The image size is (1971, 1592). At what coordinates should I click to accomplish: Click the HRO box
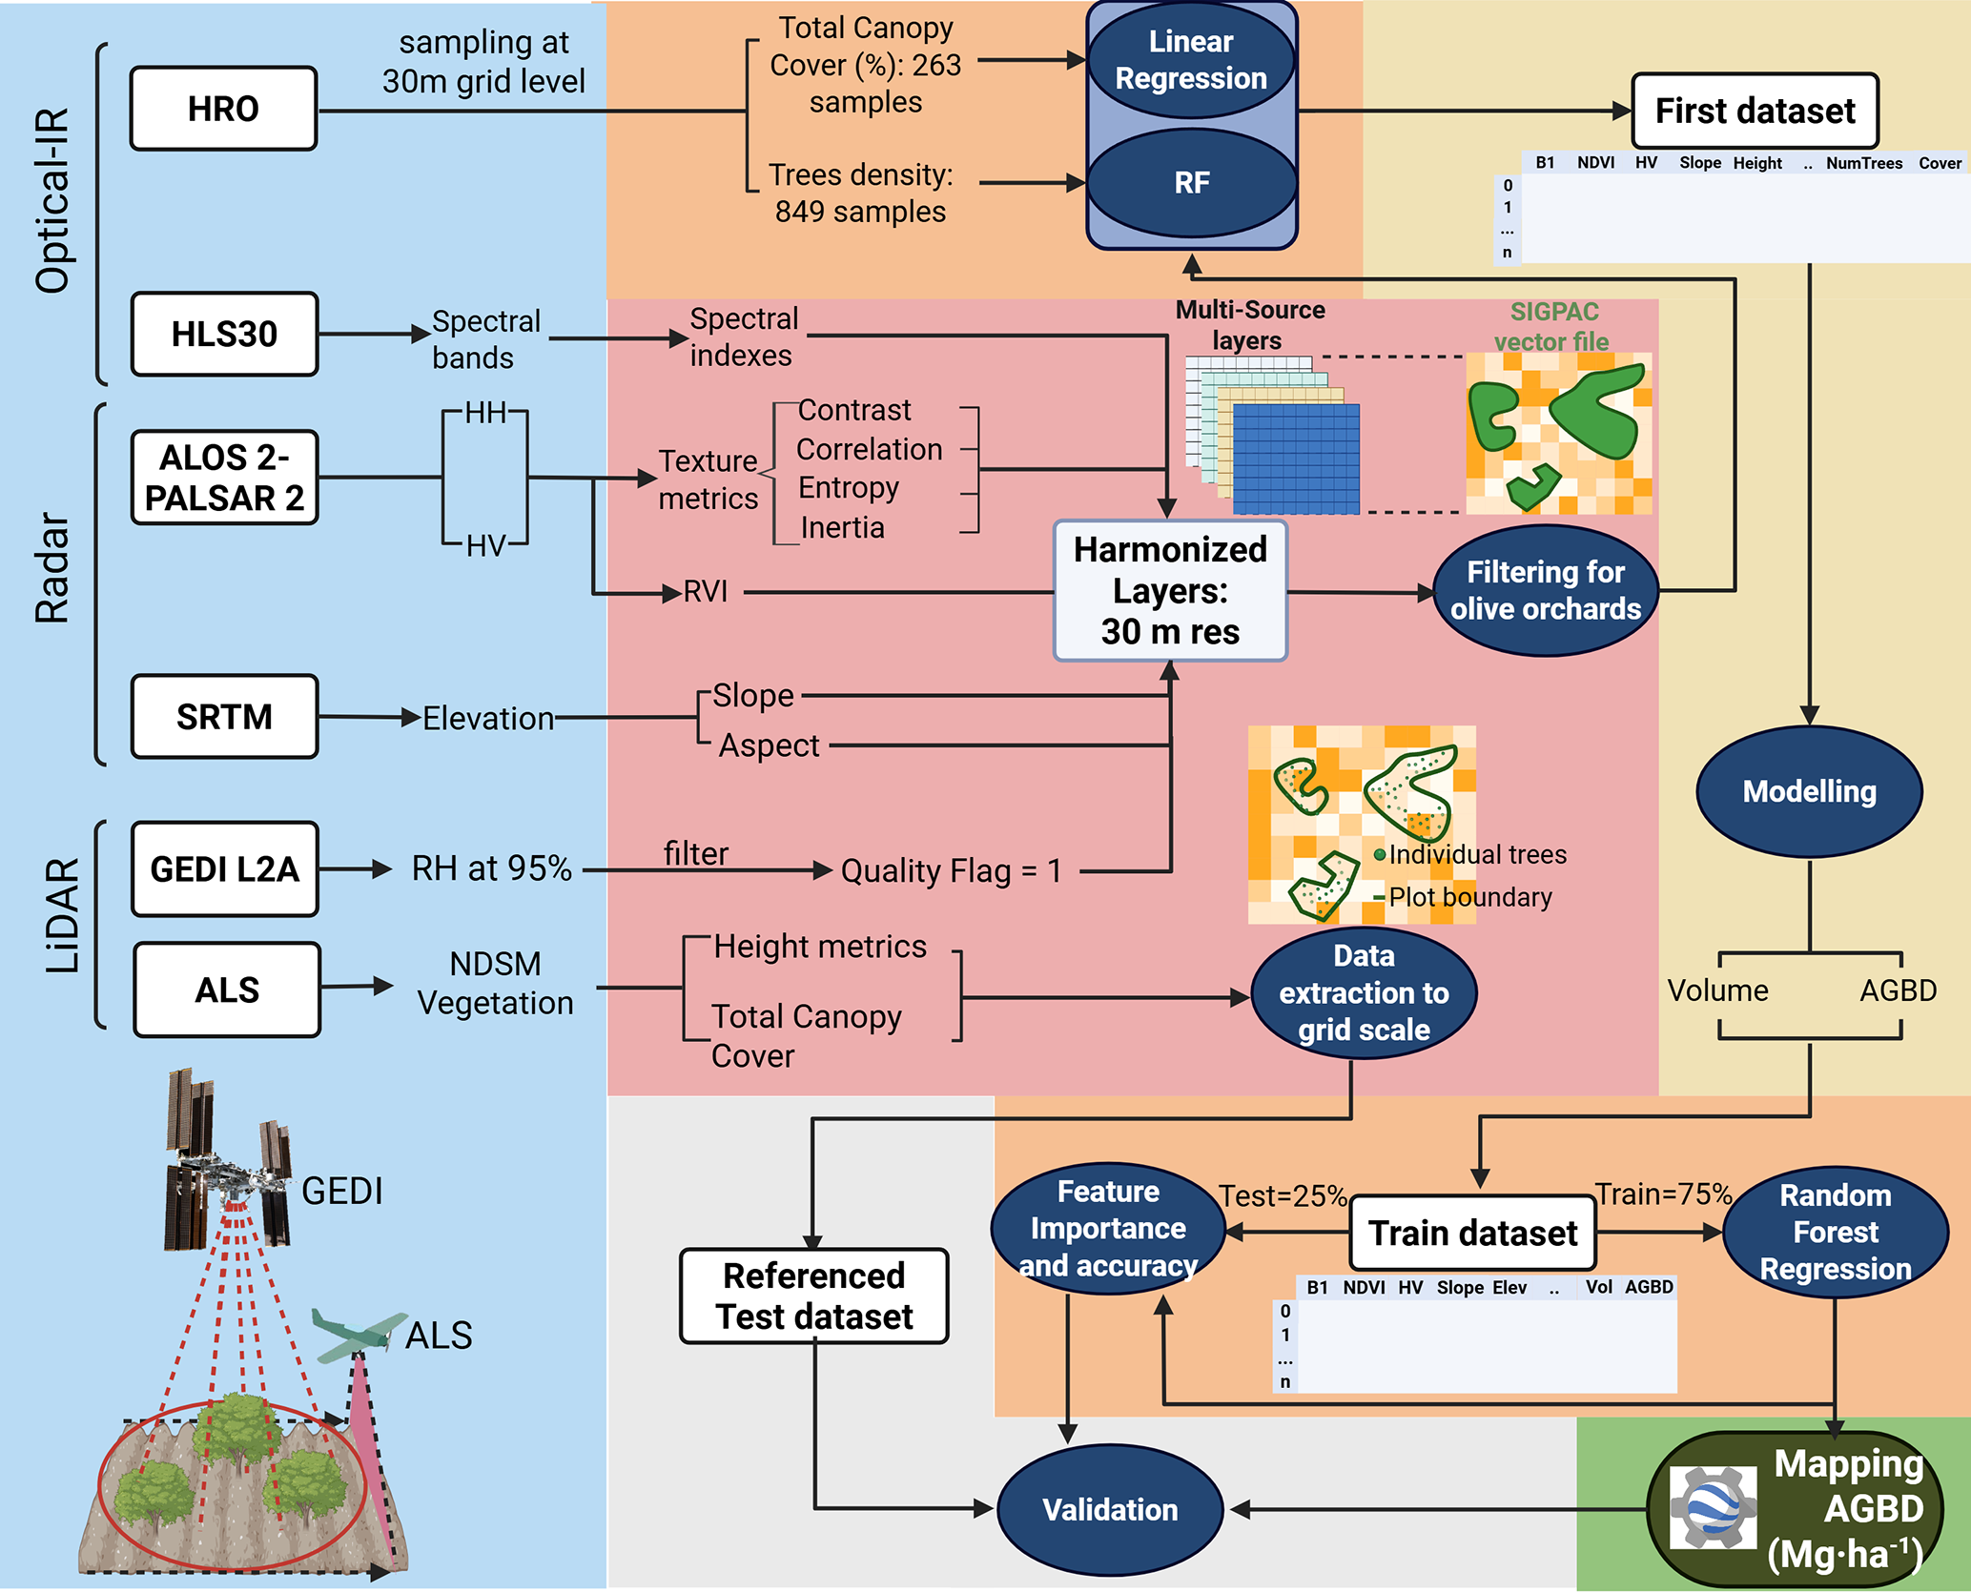pos(223,109)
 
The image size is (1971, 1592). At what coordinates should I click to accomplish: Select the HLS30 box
pos(224,334)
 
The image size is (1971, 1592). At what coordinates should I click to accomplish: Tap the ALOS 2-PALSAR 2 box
pos(224,478)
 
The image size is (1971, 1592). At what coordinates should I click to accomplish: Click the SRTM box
pos(224,717)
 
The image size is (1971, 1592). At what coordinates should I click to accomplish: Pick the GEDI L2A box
pos(224,868)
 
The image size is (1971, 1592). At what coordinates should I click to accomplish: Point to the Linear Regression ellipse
pos(1191,60)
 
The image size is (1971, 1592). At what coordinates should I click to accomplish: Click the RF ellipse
pos(1191,182)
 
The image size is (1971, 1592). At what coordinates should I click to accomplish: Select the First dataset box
pos(1755,111)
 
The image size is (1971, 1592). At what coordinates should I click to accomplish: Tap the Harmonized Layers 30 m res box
pos(1170,591)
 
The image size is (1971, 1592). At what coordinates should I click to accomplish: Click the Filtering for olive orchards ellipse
pos(1545,591)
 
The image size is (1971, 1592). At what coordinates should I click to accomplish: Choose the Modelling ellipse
pos(1809,791)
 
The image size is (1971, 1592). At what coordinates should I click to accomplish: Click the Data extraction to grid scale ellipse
pos(1364,993)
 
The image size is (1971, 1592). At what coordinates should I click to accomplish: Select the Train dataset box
pos(1473,1233)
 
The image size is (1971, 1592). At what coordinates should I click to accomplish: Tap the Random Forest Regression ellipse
pos(1835,1233)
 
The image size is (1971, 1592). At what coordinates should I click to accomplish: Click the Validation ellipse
pos(1110,1509)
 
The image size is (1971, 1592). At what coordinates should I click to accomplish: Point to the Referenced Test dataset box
pos(813,1296)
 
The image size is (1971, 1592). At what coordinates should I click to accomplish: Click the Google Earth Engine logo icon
pos(1713,1507)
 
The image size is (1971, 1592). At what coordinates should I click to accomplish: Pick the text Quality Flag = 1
pos(951,870)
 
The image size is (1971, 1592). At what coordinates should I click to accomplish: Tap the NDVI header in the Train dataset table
pos(1364,1288)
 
